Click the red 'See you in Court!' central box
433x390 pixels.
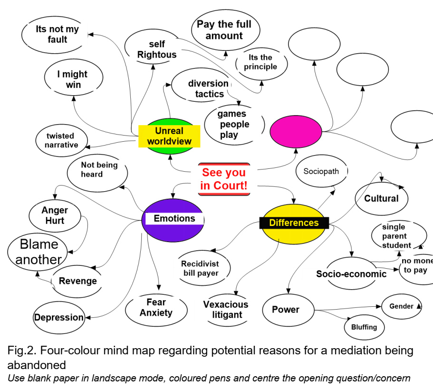[x=224, y=179]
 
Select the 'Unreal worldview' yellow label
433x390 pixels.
[x=169, y=136]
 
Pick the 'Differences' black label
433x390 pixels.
[x=294, y=223]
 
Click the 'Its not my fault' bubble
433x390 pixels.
[x=57, y=34]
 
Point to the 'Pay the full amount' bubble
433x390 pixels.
[x=226, y=30]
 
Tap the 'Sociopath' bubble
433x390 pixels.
[x=321, y=171]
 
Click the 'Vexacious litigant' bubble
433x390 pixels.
[x=226, y=309]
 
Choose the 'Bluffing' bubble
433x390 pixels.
[x=364, y=327]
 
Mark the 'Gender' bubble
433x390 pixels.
[x=402, y=306]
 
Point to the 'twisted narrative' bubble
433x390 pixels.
[x=61, y=140]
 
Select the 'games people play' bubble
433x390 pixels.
[x=233, y=124]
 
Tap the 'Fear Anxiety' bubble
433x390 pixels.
[x=156, y=307]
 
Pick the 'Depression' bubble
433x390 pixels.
[x=59, y=317]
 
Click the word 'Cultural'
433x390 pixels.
[x=381, y=198]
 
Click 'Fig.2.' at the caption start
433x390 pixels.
[x=22, y=351]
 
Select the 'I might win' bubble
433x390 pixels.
[x=73, y=79]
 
